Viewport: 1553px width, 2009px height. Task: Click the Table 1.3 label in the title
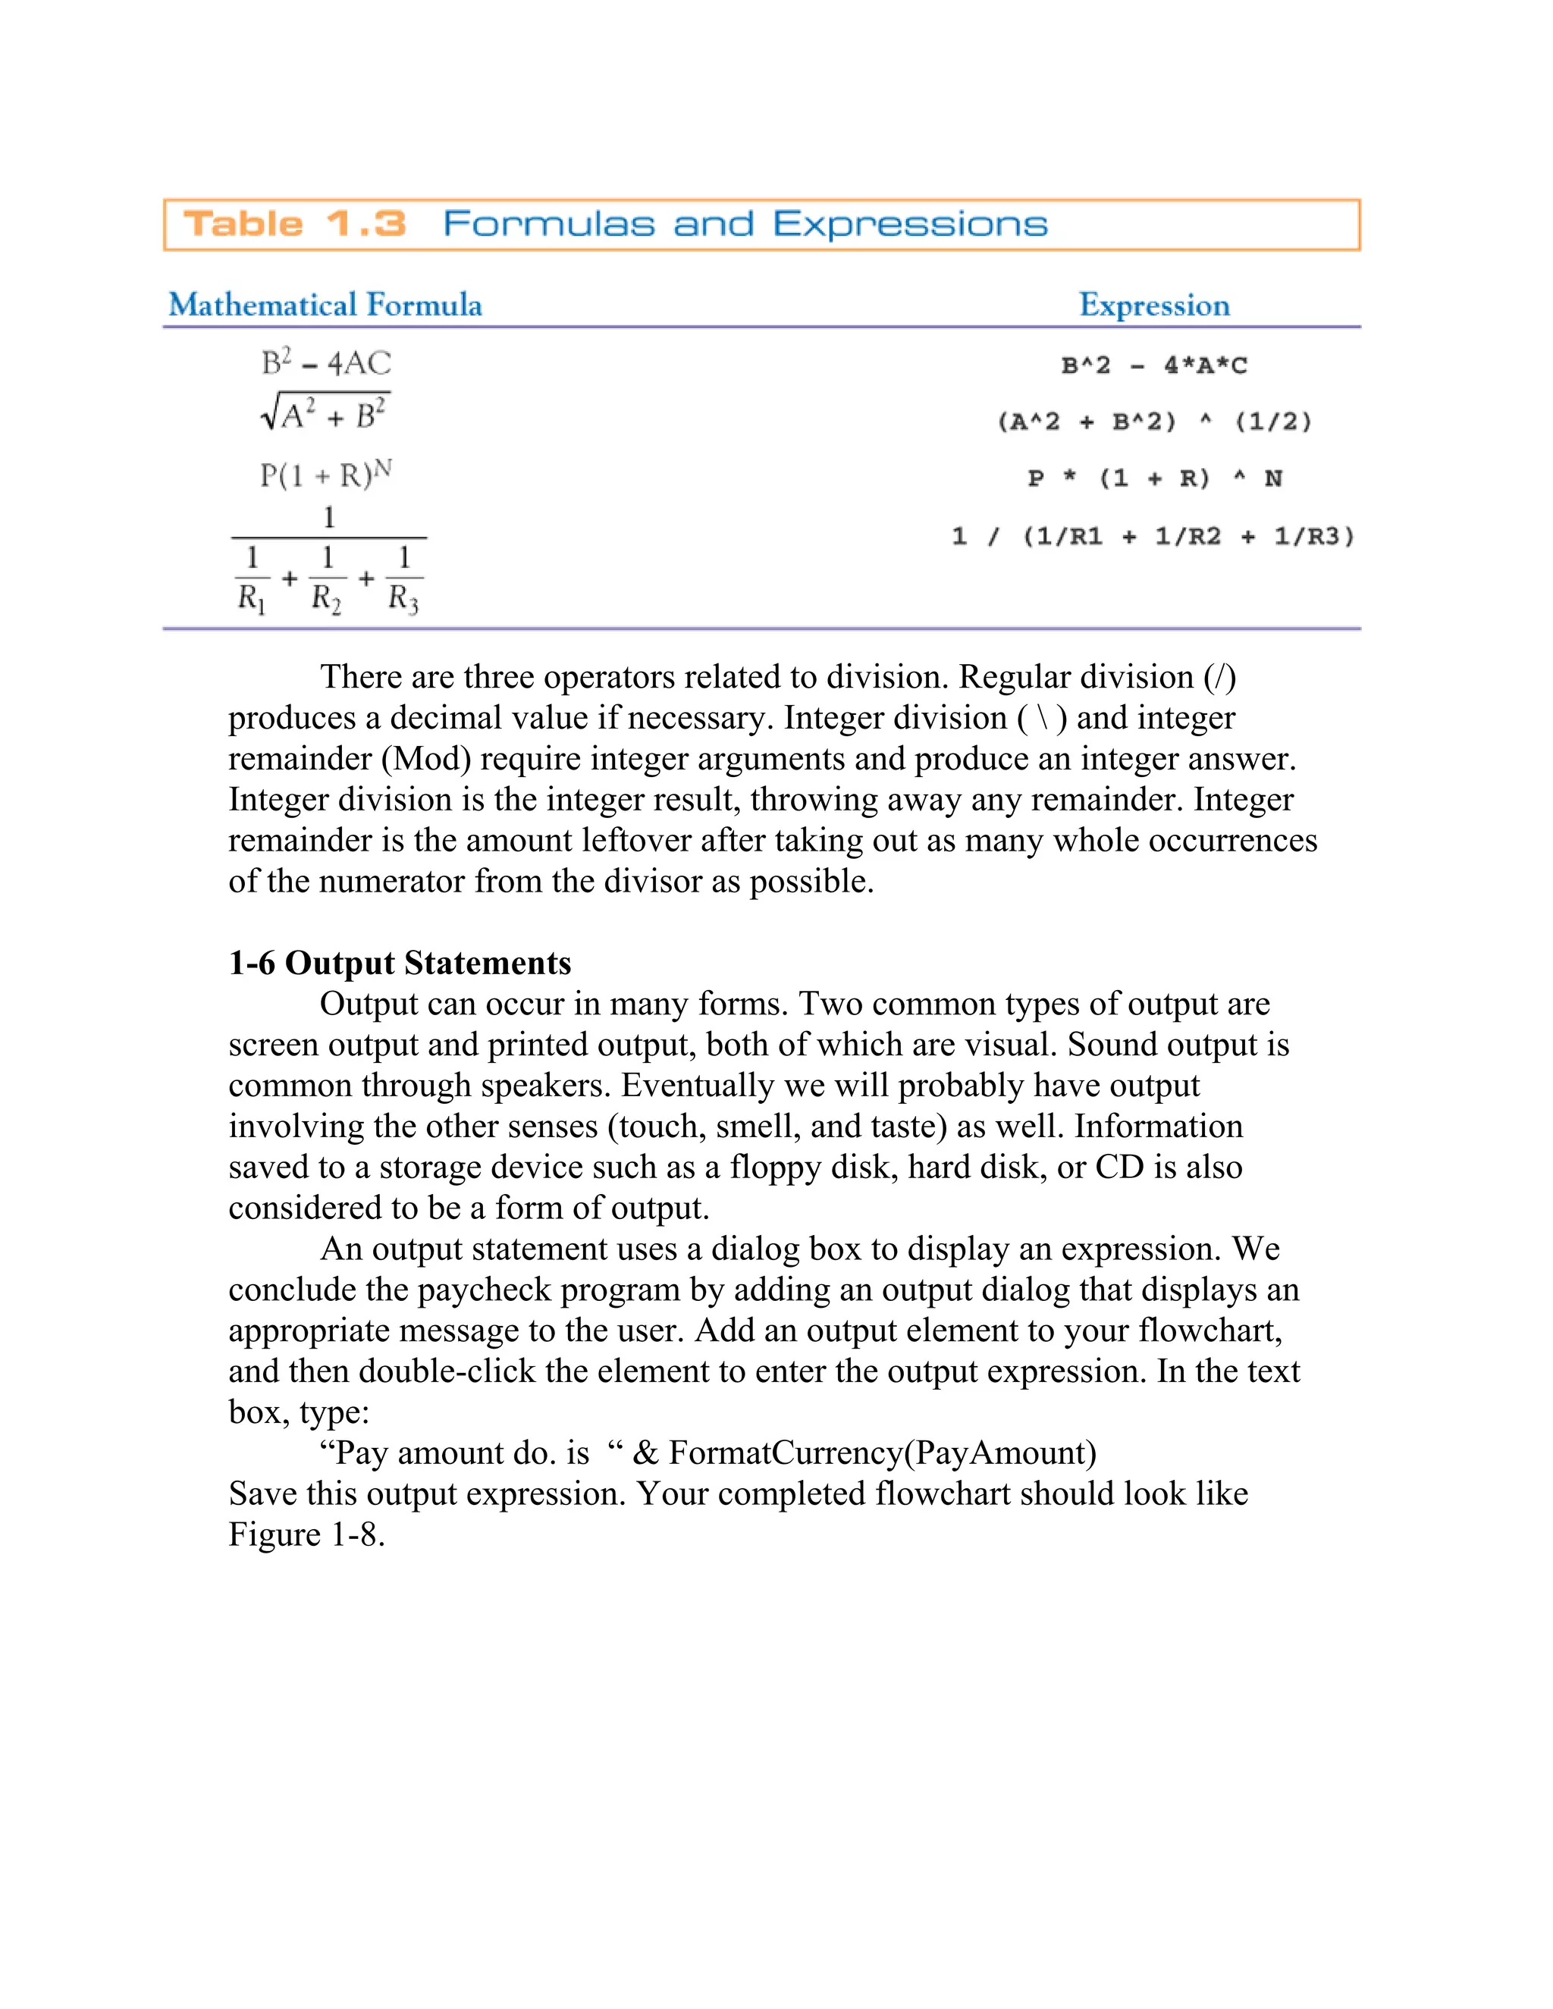[x=294, y=224]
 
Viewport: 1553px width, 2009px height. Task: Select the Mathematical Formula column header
[x=325, y=305]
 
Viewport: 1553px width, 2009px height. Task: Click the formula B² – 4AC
[x=325, y=362]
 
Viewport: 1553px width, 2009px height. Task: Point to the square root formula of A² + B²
[x=325, y=414]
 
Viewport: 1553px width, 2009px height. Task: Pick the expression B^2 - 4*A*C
[x=1153, y=366]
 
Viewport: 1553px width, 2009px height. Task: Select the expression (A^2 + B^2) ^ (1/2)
[x=1153, y=422]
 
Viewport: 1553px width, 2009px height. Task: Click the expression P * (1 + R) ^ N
[x=1153, y=478]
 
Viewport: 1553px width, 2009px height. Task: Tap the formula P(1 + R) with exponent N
[x=325, y=475]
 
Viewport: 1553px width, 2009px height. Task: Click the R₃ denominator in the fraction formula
[x=403, y=599]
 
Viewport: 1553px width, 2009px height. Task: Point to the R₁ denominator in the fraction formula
[x=250, y=599]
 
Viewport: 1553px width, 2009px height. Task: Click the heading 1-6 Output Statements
[x=400, y=963]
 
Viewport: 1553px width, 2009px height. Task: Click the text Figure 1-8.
[x=306, y=1534]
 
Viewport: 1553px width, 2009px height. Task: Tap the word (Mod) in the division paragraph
[x=426, y=759]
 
